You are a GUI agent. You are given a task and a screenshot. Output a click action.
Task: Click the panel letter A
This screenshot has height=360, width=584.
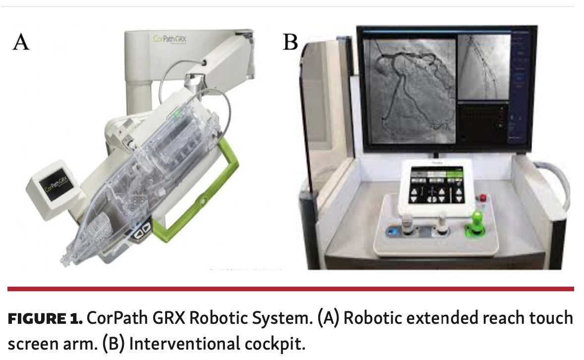[x=21, y=42]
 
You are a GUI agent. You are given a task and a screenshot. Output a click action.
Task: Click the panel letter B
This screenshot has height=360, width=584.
[x=290, y=42]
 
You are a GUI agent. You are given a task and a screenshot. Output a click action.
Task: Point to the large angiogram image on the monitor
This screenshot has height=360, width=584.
[x=409, y=91]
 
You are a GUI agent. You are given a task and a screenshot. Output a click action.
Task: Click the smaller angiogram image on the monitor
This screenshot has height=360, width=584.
[x=484, y=65]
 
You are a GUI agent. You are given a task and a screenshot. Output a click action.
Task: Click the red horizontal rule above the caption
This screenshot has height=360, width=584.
[x=291, y=289]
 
